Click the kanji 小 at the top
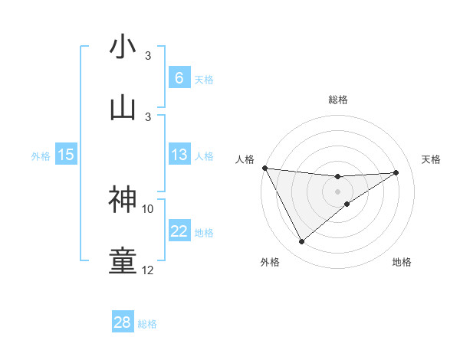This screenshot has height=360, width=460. (x=123, y=47)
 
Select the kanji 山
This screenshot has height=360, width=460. (x=123, y=106)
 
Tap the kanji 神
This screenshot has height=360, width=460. (x=123, y=198)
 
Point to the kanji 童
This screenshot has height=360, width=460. (x=123, y=261)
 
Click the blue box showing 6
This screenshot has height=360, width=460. (x=179, y=78)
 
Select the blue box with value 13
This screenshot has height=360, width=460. (x=179, y=155)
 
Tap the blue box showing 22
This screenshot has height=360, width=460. (x=179, y=232)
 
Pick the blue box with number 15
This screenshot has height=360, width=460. (x=66, y=155)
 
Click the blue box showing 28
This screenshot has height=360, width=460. (x=123, y=322)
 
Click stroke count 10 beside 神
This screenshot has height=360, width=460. (x=148, y=208)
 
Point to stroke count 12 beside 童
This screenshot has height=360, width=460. (x=148, y=270)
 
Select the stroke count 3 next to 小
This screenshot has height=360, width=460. (x=148, y=56)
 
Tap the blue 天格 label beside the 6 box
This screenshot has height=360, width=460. (x=204, y=79)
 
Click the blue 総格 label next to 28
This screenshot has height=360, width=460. (x=147, y=323)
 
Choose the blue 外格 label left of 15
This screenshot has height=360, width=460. (x=41, y=155)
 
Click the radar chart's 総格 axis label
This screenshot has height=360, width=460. (x=338, y=100)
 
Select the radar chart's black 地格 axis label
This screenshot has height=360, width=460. (x=402, y=262)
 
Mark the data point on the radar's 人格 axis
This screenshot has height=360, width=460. (x=264, y=168)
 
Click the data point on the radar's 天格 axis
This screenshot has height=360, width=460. (x=396, y=172)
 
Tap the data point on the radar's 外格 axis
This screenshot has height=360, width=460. (x=301, y=242)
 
